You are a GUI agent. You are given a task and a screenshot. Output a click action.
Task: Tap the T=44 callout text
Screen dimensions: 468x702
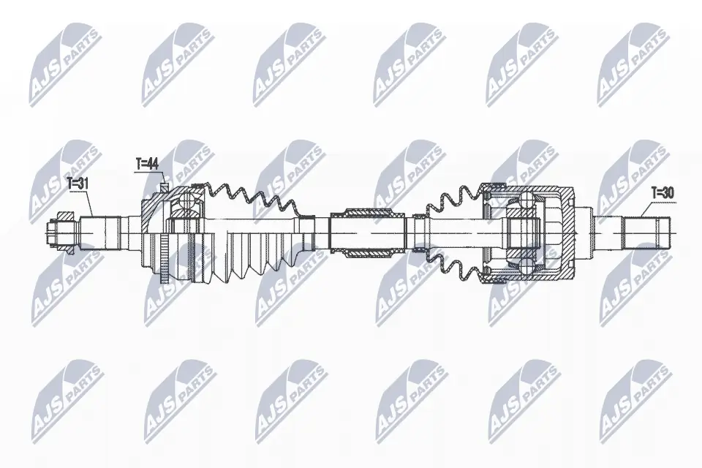(x=147, y=165)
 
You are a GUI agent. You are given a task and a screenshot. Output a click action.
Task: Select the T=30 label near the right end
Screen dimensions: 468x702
(x=663, y=193)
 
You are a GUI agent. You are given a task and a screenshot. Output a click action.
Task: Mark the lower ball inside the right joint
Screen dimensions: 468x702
(x=526, y=264)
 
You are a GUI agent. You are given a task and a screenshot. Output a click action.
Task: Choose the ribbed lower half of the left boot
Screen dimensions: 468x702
(x=256, y=256)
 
